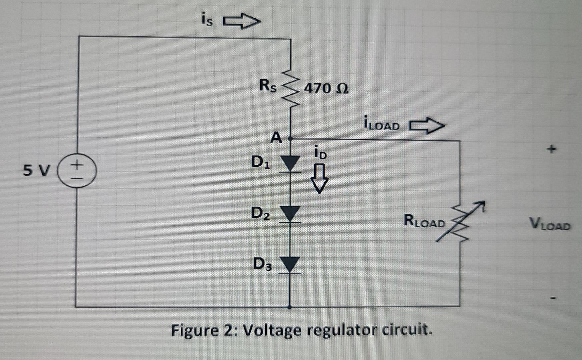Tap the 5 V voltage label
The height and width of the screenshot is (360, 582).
(x=36, y=171)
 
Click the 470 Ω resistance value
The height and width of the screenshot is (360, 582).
(x=327, y=89)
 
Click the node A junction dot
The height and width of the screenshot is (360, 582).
(x=290, y=138)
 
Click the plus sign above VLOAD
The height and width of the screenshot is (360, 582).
(x=552, y=149)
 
